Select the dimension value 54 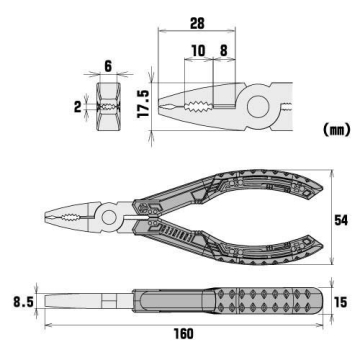[x=339, y=218]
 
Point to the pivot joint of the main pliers [x=106, y=216]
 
